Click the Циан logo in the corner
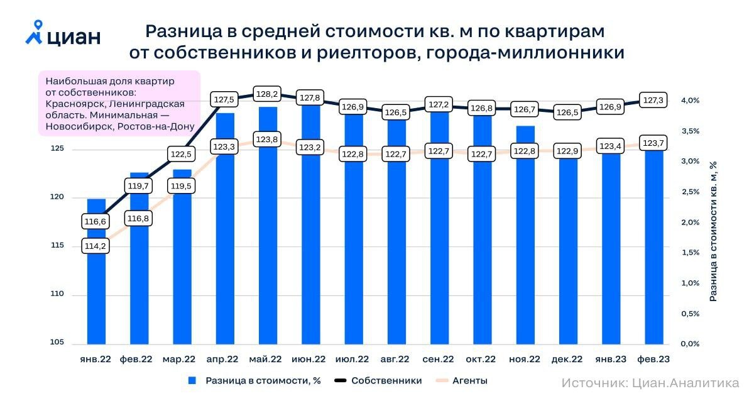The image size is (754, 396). tap(63, 34)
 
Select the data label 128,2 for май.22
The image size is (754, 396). tap(267, 94)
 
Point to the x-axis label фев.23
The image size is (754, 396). tap(653, 360)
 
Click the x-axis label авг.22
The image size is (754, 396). tap(396, 360)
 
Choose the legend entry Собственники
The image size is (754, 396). tap(386, 381)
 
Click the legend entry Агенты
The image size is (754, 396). tap(469, 381)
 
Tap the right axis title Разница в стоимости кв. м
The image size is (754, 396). tap(713, 231)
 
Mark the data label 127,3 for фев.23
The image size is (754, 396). tap(653, 100)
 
